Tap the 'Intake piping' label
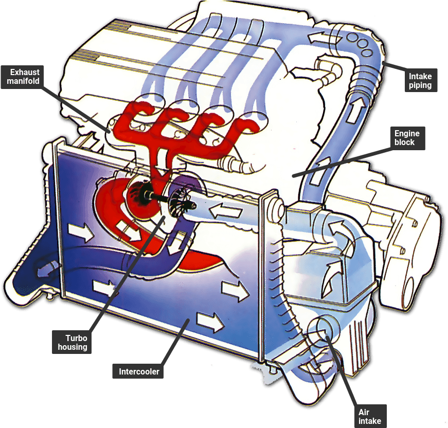coord(420,81)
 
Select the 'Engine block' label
coord(407,138)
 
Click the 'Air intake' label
coord(370,416)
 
